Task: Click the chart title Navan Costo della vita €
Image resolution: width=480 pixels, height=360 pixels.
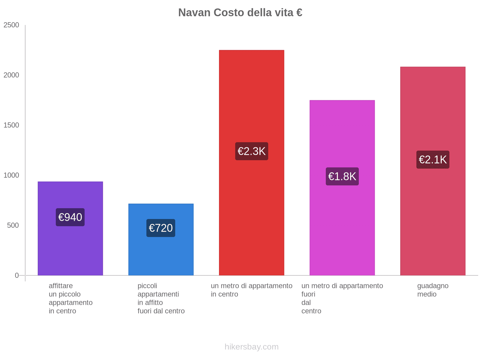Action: coord(240,13)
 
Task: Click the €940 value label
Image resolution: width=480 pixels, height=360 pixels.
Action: coord(70,217)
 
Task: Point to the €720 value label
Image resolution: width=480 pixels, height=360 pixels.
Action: coord(161,228)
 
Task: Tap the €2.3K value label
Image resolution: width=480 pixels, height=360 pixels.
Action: coord(251,151)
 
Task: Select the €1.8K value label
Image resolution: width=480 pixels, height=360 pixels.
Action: coord(342,176)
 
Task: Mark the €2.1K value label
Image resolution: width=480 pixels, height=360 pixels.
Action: coord(433,160)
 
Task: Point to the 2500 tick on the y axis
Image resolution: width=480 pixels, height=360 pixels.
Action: coord(11,25)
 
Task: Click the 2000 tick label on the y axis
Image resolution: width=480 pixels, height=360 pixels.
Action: coord(11,75)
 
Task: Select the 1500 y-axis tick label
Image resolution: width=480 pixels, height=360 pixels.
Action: coord(11,125)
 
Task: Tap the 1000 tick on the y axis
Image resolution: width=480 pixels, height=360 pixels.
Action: coord(11,175)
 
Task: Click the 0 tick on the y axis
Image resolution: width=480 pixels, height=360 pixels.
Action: coord(17,275)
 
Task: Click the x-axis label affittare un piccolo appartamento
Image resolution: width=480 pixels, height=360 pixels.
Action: coord(70,298)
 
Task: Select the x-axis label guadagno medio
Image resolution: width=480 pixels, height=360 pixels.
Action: coord(433,290)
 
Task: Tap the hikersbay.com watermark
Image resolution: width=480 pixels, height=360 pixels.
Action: coord(251,347)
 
